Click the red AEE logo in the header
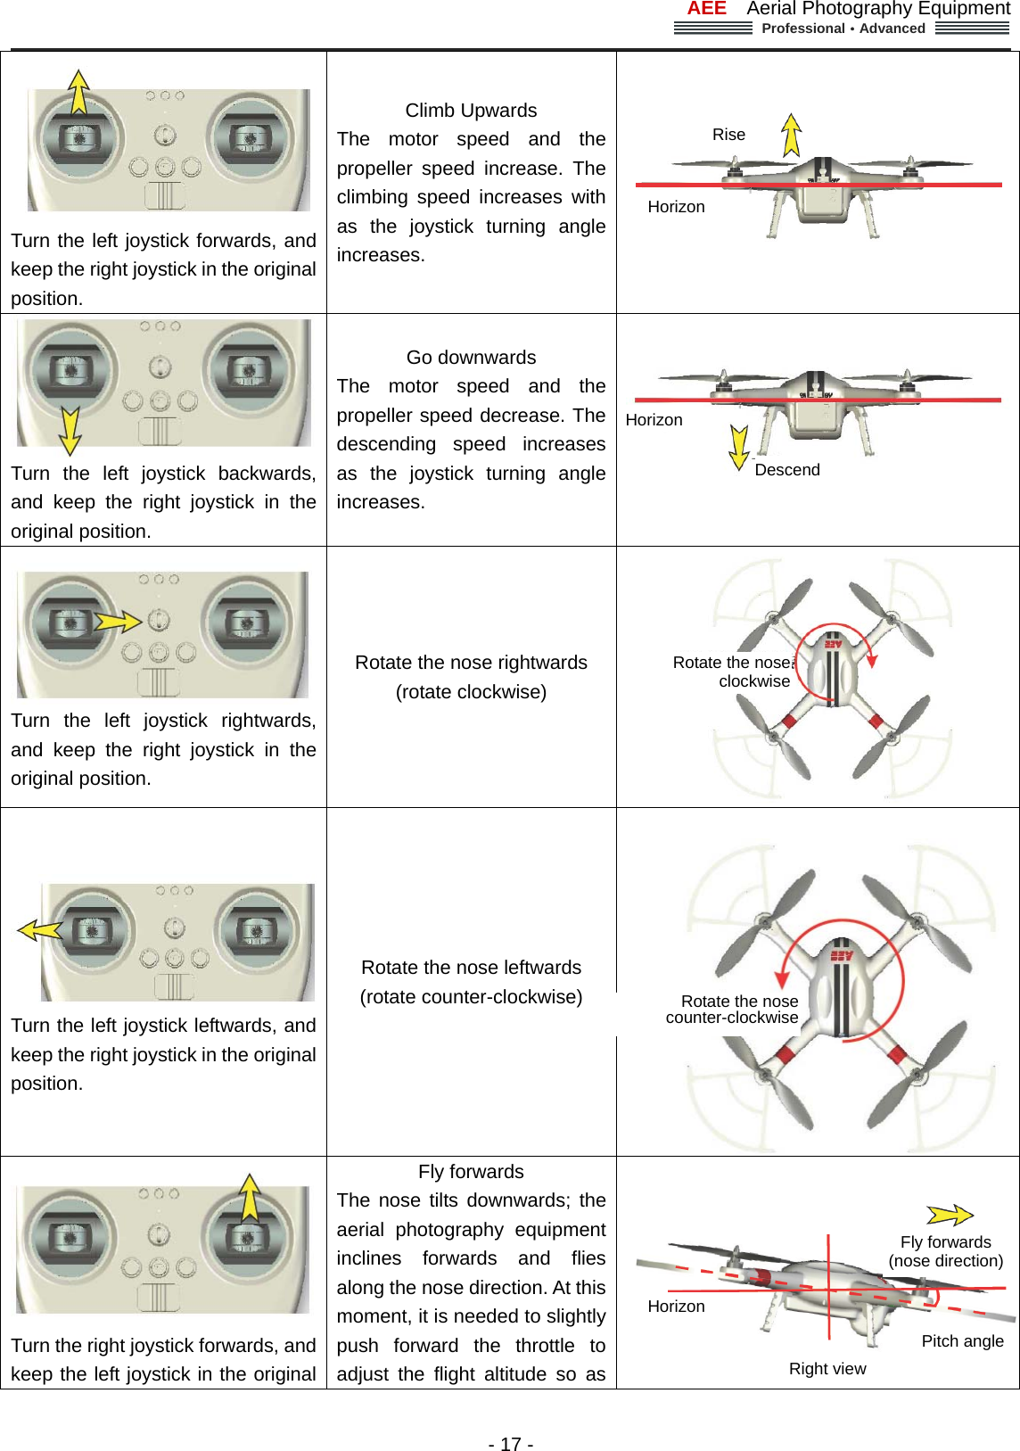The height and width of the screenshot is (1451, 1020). [x=706, y=9]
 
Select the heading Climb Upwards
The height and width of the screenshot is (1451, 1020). [x=471, y=111]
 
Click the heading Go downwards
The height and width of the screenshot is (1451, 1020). [x=471, y=358]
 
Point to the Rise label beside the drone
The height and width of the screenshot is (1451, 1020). [x=728, y=135]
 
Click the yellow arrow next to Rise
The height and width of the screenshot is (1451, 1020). [x=791, y=135]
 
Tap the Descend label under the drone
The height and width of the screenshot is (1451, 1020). [x=786, y=470]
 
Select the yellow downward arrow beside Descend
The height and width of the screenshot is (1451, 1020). [x=738, y=447]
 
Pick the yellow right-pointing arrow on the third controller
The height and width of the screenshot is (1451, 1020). [x=118, y=621]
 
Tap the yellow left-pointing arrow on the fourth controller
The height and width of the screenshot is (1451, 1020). [x=40, y=930]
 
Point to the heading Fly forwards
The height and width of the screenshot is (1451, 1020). [x=471, y=1172]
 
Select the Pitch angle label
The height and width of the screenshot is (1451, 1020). [x=962, y=1341]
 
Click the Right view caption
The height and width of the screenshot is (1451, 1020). [x=827, y=1369]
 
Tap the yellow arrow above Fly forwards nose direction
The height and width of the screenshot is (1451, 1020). [x=950, y=1215]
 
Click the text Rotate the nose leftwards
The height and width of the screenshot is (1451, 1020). [x=471, y=968]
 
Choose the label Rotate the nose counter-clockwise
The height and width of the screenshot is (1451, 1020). [x=734, y=1010]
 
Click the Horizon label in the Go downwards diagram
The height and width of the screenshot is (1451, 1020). [x=654, y=420]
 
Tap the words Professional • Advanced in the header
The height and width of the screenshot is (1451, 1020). [x=843, y=29]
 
